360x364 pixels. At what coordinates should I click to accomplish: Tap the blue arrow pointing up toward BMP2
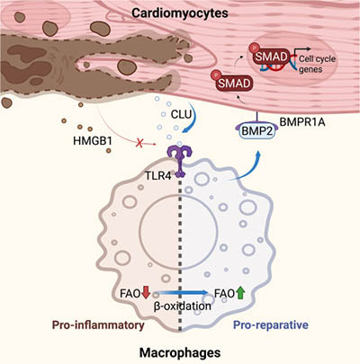point(224,166)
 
